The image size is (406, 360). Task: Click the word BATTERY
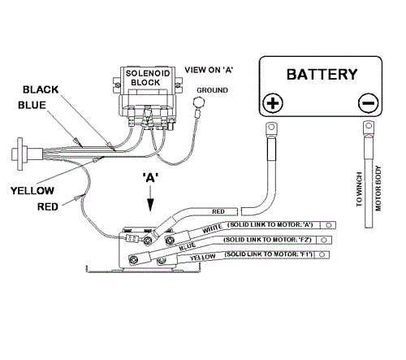coord(322,75)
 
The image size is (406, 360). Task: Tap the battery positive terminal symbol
coord(273,103)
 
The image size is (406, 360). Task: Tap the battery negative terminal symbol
coord(368,103)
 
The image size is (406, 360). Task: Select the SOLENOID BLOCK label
coord(148,78)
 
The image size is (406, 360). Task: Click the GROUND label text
coord(212,90)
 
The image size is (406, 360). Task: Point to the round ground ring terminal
coord(199,102)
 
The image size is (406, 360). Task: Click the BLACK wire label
coord(41,89)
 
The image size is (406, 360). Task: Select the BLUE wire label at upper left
coord(32,105)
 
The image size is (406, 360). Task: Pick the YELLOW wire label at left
coord(32,191)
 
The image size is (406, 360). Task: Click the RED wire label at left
coord(48,207)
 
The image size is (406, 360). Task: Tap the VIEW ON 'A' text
coord(209,70)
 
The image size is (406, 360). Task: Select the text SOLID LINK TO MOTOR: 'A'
coord(270,225)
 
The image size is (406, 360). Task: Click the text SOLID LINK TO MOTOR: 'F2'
coord(267,240)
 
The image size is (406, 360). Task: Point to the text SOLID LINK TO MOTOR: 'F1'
coord(269,254)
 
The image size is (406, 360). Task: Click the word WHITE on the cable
coord(212,229)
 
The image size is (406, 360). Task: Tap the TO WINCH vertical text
coord(359,189)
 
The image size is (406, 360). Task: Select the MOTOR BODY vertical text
coord(378,189)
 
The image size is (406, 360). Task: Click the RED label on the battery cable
coord(218,211)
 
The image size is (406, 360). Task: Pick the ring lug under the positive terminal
coord(271,130)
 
